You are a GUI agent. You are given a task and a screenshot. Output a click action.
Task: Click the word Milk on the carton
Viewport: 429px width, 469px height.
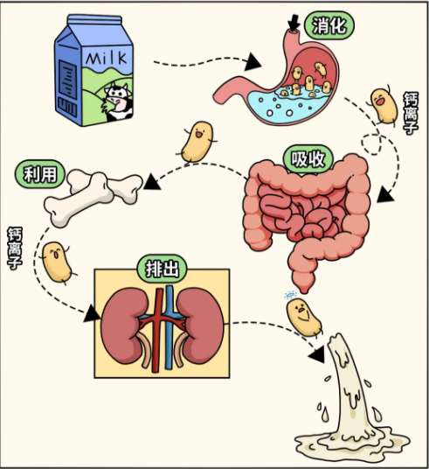coord(107,58)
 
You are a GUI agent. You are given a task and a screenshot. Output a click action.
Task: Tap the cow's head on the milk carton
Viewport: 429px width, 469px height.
coord(118,95)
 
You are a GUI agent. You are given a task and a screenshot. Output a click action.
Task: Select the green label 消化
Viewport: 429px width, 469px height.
coord(329,25)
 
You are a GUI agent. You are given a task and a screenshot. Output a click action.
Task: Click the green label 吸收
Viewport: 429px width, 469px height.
coord(308,159)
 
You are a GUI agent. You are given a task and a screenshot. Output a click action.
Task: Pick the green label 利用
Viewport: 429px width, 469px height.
coord(39,174)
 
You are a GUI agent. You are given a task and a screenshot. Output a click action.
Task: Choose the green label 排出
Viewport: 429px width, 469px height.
coord(162,269)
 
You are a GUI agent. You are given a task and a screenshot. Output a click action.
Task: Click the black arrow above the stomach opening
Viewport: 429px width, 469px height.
coord(294,22)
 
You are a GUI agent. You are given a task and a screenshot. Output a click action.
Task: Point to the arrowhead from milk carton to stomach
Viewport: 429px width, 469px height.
coord(253,62)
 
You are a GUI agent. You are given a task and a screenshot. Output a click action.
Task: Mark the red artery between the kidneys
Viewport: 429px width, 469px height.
coord(158,329)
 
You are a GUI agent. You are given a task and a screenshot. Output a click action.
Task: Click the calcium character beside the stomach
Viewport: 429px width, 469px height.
coord(384,105)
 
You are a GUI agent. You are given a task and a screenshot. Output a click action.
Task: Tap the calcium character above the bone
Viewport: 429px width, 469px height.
coord(197,141)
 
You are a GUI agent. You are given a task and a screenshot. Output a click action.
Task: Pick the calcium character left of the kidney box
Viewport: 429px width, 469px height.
coord(57,262)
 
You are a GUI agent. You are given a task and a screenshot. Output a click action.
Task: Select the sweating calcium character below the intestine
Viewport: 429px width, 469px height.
coord(303,316)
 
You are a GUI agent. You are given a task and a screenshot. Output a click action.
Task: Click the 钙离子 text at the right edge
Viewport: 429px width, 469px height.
coord(411,113)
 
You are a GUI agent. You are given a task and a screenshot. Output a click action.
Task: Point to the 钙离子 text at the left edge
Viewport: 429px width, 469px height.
coord(15,248)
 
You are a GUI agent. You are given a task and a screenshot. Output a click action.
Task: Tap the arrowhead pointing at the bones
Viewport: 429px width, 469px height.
coord(152,183)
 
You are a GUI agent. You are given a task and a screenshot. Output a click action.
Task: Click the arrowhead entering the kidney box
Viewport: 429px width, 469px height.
coord(92,313)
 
